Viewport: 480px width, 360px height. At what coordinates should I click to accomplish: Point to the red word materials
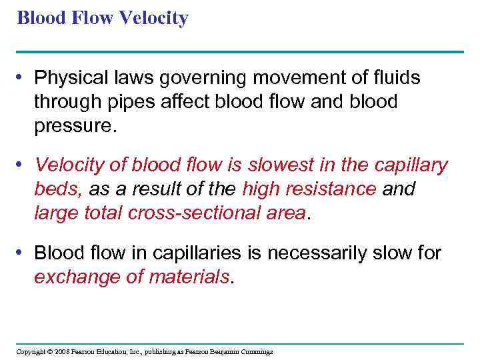tap(188, 277)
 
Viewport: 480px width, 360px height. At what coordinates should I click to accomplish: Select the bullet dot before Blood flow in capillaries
tap(23, 253)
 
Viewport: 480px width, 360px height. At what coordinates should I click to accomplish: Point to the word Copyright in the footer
tap(31, 351)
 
